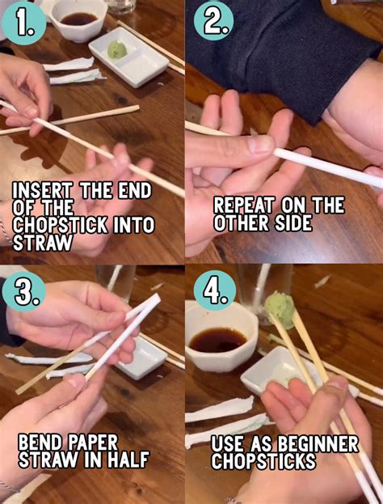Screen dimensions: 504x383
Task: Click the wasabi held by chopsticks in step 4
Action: click(x=280, y=306)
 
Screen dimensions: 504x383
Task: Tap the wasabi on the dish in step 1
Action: click(x=118, y=49)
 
